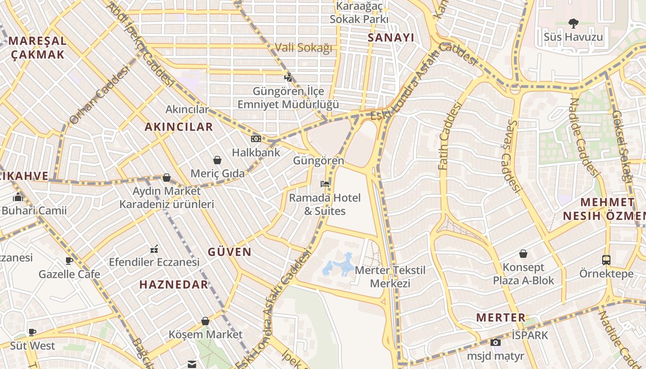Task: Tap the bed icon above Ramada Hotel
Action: [x=325, y=184]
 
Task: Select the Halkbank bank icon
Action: [x=256, y=139]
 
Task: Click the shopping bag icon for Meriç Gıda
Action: [x=217, y=160]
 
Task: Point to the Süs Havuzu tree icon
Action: [x=574, y=23]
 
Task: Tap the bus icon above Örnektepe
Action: [x=606, y=260]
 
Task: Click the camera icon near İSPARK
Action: [x=495, y=342]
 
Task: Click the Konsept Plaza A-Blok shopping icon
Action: [x=523, y=254]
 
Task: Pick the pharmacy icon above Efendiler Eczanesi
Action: [x=154, y=250]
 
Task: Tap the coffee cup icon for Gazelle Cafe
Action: [x=69, y=261]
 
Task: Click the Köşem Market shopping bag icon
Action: [x=205, y=321]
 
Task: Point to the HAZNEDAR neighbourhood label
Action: [x=174, y=285]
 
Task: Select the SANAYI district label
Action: [x=391, y=38]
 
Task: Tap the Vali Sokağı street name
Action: [x=303, y=48]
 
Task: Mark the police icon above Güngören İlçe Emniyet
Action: [x=288, y=77]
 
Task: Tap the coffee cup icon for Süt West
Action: [x=32, y=332]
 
